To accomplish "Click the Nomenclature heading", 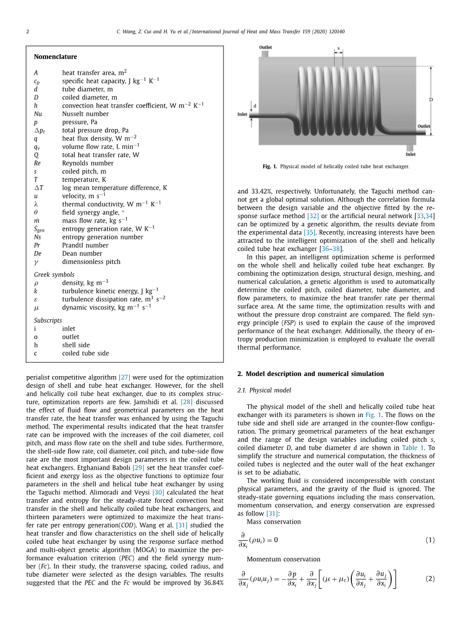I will pos(56,57).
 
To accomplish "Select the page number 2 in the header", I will pos(28,32).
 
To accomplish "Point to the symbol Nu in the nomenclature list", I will pos(38,114).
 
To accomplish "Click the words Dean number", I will pos(82,253).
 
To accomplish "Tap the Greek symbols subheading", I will pos(54,275).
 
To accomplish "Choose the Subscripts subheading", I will pos(48,320).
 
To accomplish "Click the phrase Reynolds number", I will pos(87,163).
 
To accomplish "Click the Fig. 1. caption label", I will pos(270,166).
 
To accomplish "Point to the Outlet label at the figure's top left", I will pos(266,47).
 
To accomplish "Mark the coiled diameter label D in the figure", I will pos(431,100).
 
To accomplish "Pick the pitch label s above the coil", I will pos(338,50).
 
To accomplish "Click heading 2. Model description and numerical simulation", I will pos(310,374).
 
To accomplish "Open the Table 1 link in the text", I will pos(412,447).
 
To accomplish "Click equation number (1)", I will pos(430,540).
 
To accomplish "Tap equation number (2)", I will pos(430,579).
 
